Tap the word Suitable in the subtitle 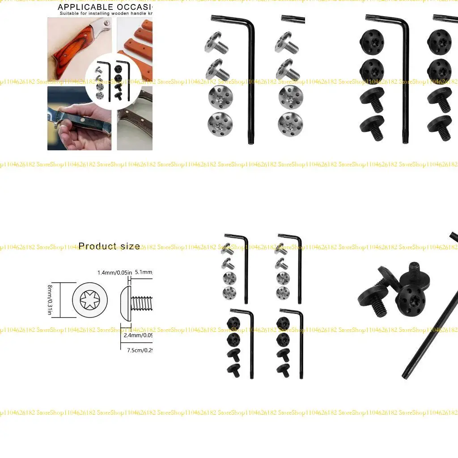point(71,14)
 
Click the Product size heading point(109,246)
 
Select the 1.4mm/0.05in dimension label point(114,272)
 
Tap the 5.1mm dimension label point(144,272)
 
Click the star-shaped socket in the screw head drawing point(92,299)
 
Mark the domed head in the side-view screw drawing point(125,300)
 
